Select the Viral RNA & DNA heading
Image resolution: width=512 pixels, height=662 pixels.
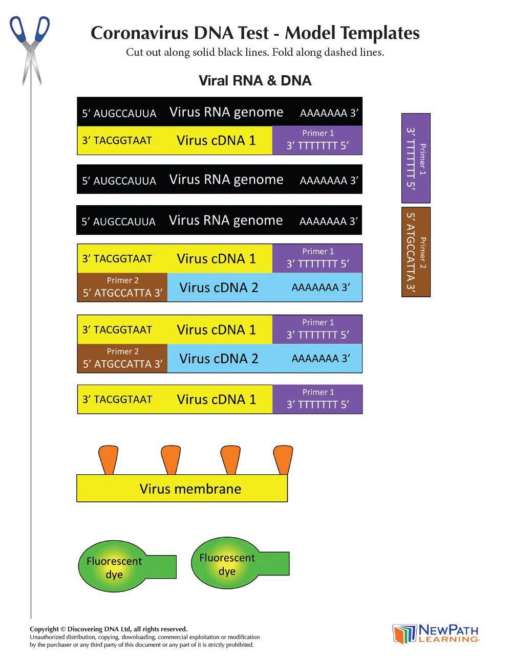point(254,80)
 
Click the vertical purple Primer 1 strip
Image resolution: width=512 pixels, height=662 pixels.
point(416,158)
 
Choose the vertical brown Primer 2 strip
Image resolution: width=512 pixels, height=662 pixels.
point(416,252)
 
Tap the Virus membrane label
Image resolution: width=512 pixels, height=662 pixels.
point(190,489)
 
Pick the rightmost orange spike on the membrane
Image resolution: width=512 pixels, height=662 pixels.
point(283,459)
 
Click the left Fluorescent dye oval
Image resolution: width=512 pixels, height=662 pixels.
point(114,567)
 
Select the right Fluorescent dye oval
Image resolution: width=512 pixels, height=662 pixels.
point(227,564)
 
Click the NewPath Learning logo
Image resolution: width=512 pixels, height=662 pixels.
point(436,633)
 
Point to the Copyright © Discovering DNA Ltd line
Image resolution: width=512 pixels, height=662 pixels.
point(109,629)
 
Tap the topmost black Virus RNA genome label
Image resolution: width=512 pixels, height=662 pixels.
point(226,112)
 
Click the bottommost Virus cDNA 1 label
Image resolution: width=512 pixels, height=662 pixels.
point(216,400)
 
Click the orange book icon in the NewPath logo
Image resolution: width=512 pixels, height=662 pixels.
point(404,634)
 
